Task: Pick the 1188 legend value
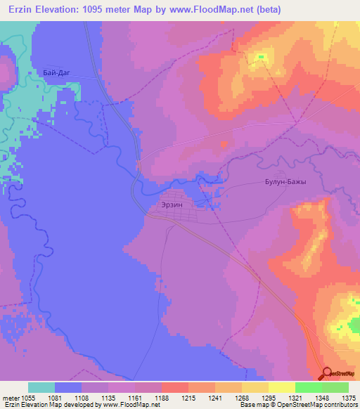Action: click(162, 398)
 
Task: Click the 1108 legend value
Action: click(82, 398)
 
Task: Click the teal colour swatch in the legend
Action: click(41, 387)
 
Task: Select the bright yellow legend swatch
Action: click(282, 387)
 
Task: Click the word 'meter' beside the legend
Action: click(11, 398)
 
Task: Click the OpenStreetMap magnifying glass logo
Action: click(326, 375)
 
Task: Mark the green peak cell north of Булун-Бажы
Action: click(262, 57)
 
